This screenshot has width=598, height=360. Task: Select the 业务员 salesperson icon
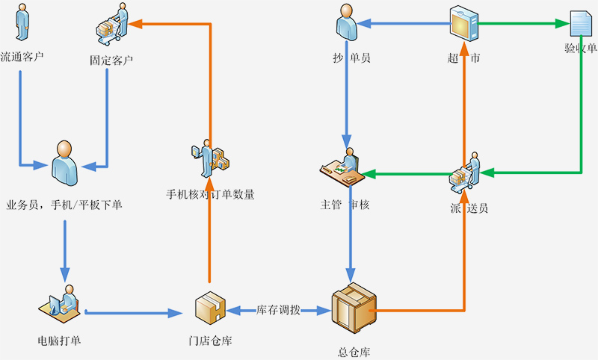[64, 160]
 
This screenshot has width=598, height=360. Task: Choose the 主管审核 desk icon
[342, 167]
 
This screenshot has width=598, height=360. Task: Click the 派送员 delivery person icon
[466, 173]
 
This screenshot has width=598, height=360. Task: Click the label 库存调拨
[278, 309]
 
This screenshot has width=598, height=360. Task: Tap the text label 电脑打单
[59, 341]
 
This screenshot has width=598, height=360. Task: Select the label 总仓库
[354, 352]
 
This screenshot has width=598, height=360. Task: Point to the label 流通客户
[22, 56]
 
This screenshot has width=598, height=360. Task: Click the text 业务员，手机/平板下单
[64, 204]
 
